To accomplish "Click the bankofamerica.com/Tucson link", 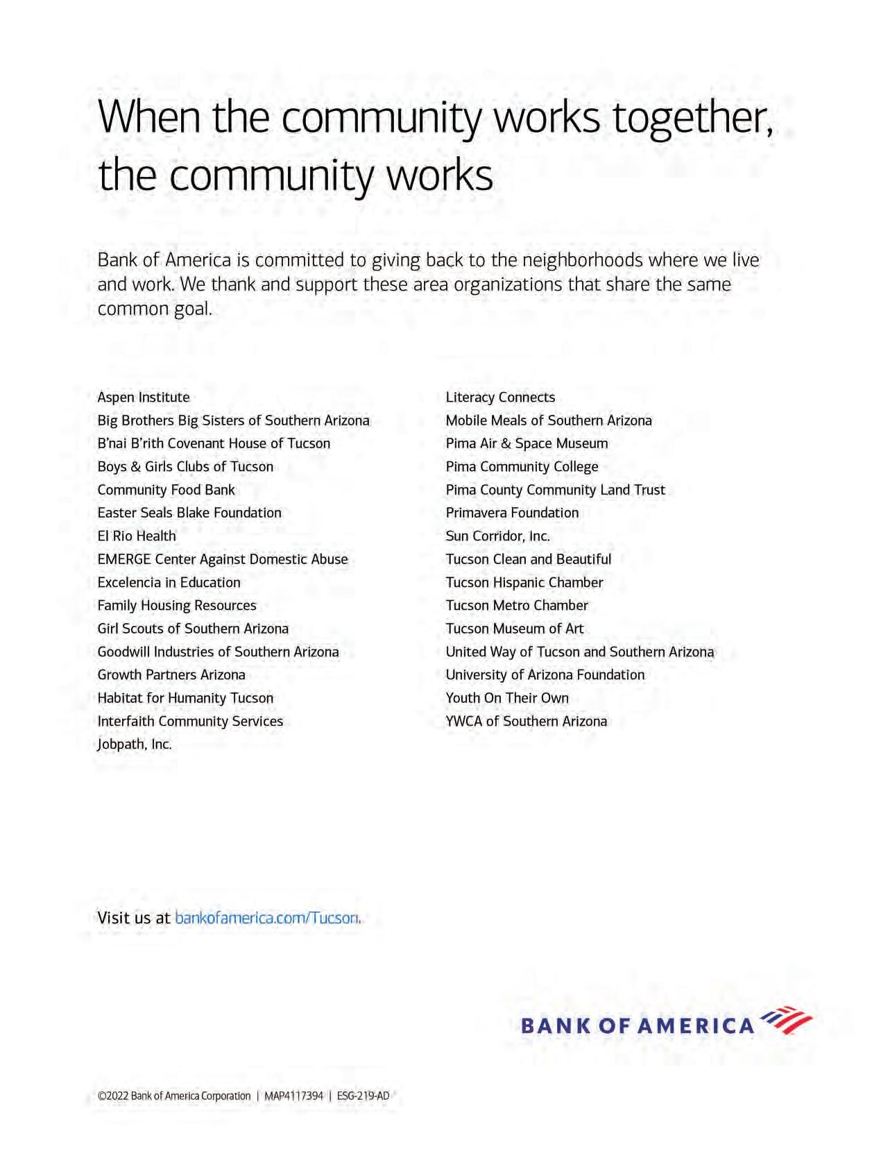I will [267, 918].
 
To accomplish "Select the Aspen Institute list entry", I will [144, 398].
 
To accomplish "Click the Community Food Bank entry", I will [166, 490].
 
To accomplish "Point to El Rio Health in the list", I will [137, 536].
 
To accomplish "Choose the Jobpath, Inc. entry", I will [135, 744].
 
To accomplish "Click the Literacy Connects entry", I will [500, 398].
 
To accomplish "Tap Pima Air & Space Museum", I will [527, 443].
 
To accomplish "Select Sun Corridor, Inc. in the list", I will [497, 536].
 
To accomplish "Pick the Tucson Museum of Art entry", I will [515, 629].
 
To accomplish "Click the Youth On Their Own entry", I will [507, 698].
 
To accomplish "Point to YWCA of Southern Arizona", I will [527, 722].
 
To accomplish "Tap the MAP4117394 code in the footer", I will [293, 1096].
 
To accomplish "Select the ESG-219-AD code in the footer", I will [363, 1096].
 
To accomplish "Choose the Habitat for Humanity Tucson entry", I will [185, 698].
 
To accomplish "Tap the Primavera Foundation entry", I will [512, 513].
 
